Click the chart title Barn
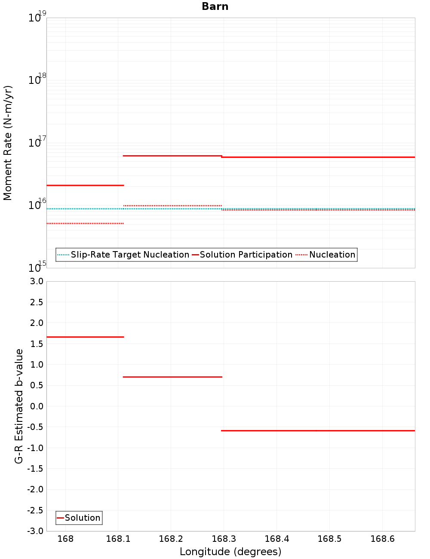click(x=215, y=6)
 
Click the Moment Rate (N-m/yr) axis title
click(x=8, y=143)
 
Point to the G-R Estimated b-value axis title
click(x=19, y=406)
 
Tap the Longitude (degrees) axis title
click(x=230, y=552)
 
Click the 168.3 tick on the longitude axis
click(x=224, y=539)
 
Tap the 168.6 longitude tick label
click(x=382, y=539)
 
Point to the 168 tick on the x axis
click(x=65, y=539)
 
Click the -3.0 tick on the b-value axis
click(x=35, y=531)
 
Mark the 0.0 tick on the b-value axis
click(x=36, y=406)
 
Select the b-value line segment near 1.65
click(x=85, y=337)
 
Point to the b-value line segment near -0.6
click(x=318, y=430)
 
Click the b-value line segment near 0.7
click(x=172, y=377)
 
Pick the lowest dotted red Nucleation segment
click(x=85, y=223)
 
